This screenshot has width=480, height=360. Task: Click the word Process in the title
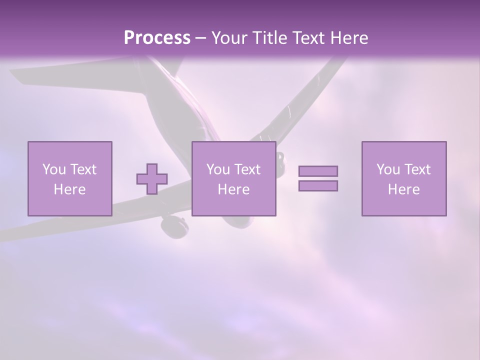[x=157, y=38]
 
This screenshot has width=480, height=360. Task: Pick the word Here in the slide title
[x=349, y=38]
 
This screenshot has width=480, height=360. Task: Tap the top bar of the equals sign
[x=318, y=171]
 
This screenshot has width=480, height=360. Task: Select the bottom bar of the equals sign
[x=318, y=186]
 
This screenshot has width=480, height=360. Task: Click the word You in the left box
[x=54, y=169]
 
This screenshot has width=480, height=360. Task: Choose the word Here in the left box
[x=69, y=189]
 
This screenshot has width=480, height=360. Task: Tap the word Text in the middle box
[x=247, y=169]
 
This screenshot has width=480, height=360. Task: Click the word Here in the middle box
[x=233, y=189]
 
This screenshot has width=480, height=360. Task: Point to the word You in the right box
[x=388, y=169]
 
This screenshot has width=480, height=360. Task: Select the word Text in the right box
[x=417, y=169]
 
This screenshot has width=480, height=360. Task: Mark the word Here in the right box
[x=403, y=189]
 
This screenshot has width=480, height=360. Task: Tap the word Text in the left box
[x=83, y=169]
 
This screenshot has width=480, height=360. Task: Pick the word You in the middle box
[x=218, y=169]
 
